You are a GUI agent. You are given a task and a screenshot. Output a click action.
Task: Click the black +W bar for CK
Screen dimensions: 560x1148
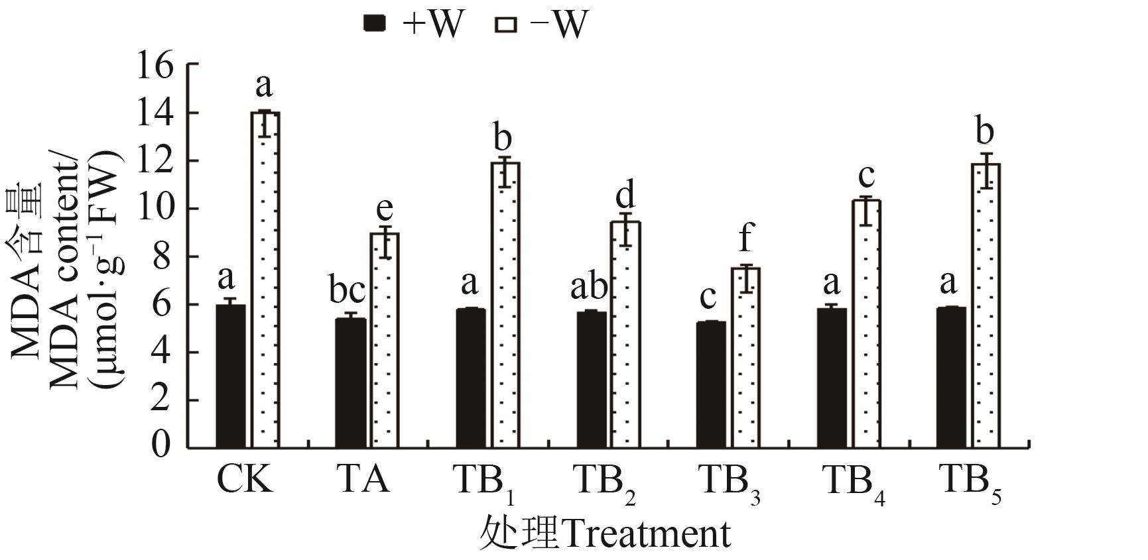point(231,376)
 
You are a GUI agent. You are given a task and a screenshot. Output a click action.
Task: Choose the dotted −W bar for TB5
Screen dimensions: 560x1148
point(986,306)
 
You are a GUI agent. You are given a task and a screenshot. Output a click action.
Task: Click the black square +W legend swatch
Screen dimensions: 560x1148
point(375,25)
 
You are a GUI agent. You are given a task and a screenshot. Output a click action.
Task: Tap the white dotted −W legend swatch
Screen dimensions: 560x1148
point(505,25)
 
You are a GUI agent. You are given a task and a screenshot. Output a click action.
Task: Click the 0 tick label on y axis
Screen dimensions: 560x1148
point(160,446)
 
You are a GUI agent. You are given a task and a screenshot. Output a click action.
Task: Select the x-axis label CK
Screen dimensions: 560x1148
point(245,478)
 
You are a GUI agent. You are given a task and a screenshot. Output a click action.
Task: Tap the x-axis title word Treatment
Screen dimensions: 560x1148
point(647,534)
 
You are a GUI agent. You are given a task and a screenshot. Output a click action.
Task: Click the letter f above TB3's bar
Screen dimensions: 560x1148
point(746,237)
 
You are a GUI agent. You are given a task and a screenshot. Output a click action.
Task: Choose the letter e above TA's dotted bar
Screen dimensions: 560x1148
point(385,208)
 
